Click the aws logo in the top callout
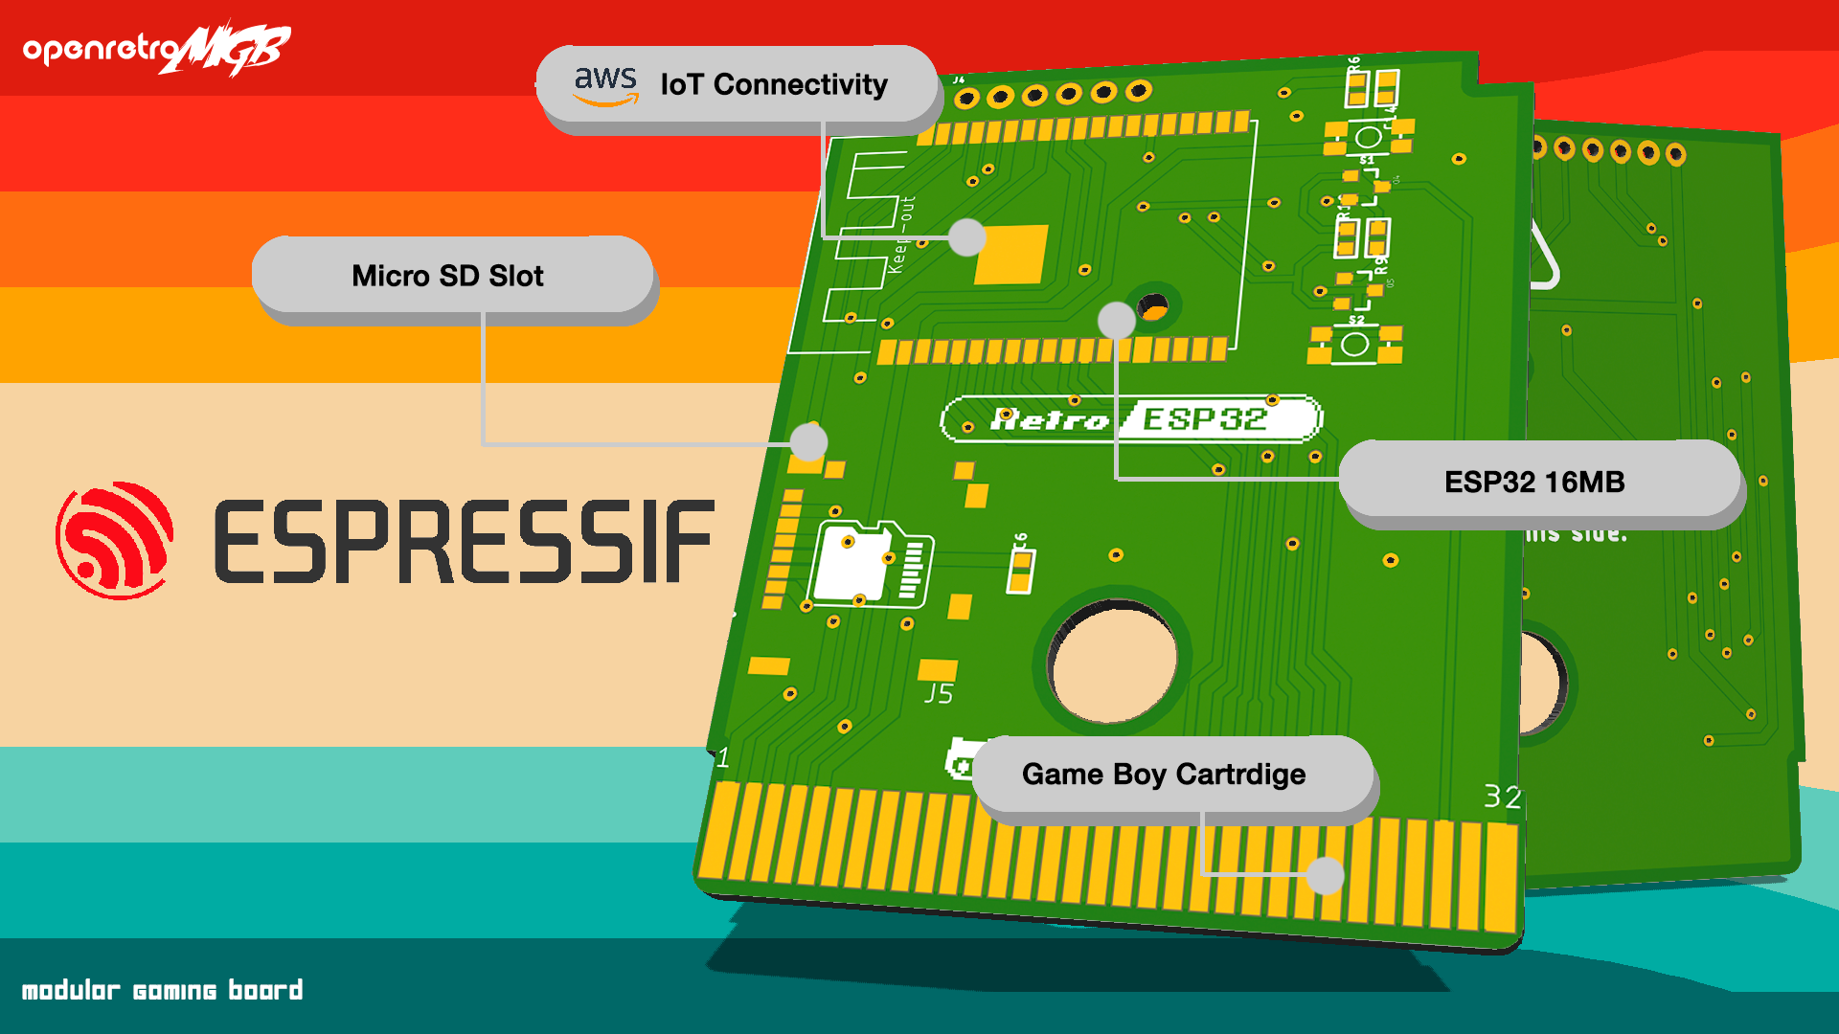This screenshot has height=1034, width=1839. click(605, 84)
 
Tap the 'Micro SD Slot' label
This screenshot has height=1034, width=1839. click(447, 276)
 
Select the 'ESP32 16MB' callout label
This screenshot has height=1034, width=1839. click(1534, 482)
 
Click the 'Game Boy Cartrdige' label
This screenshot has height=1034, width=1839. click(1164, 774)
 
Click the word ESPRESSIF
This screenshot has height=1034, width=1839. click(465, 541)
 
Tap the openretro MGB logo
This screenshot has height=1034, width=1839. click(157, 48)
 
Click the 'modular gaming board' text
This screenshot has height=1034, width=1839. click(162, 990)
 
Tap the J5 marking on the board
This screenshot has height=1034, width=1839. click(939, 693)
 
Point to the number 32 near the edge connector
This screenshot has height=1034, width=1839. click(1502, 797)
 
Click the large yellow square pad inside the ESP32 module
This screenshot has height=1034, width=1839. click(1011, 254)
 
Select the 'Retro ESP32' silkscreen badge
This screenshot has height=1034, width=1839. click(1131, 419)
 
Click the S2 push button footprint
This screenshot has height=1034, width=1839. click(1355, 344)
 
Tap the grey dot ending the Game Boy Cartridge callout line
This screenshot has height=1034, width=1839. click(1326, 875)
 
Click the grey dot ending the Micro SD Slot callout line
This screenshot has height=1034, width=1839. click(809, 442)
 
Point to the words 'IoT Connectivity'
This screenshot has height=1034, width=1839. click(774, 84)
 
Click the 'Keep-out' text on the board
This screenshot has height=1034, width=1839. click(901, 236)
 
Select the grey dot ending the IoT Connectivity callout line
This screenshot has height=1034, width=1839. click(967, 236)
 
